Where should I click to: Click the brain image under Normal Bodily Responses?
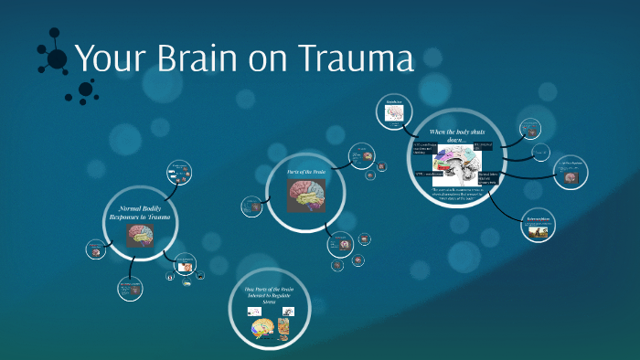tap(140, 236)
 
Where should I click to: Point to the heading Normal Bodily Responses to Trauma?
tap(140, 213)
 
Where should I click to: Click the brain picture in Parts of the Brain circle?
tap(305, 194)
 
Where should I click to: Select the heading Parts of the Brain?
tap(305, 172)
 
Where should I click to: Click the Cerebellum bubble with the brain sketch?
tap(394, 111)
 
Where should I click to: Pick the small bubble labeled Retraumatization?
tap(538, 226)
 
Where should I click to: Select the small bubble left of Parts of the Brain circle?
tap(252, 206)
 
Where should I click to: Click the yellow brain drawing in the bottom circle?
tap(262, 330)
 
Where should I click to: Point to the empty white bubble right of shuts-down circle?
tap(541, 152)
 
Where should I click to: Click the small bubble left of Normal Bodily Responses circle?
tap(95, 248)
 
